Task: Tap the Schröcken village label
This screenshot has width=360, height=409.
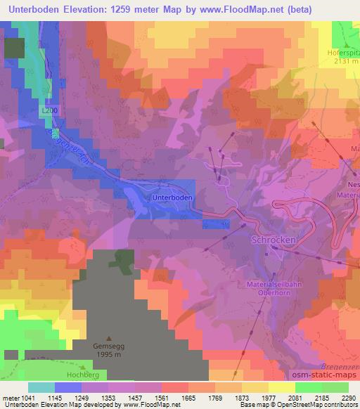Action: pos(274,240)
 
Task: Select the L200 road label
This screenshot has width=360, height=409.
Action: pos(49,111)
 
